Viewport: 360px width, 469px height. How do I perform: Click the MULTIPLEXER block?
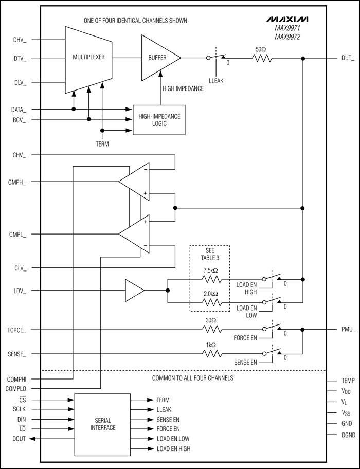pos(88,58)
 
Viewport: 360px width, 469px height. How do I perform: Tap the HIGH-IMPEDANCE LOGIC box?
pos(159,120)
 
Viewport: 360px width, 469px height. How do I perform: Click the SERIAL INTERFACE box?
pos(103,424)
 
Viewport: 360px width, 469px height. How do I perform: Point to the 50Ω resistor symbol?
pos(262,58)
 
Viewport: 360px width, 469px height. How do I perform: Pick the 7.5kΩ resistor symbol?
pos(210,279)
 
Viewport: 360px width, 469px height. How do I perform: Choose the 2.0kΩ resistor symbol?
pos(210,302)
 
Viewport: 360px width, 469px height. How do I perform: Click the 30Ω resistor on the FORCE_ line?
pos(210,329)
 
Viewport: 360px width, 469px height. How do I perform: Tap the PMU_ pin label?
pos(348,329)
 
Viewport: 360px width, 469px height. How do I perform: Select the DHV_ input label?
pos(20,39)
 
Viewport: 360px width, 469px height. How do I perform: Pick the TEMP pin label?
pos(348,381)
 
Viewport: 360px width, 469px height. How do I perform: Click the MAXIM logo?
pos(288,20)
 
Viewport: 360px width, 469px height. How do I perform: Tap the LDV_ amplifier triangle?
pos(134,291)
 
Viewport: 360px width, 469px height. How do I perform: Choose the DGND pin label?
pos(348,435)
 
